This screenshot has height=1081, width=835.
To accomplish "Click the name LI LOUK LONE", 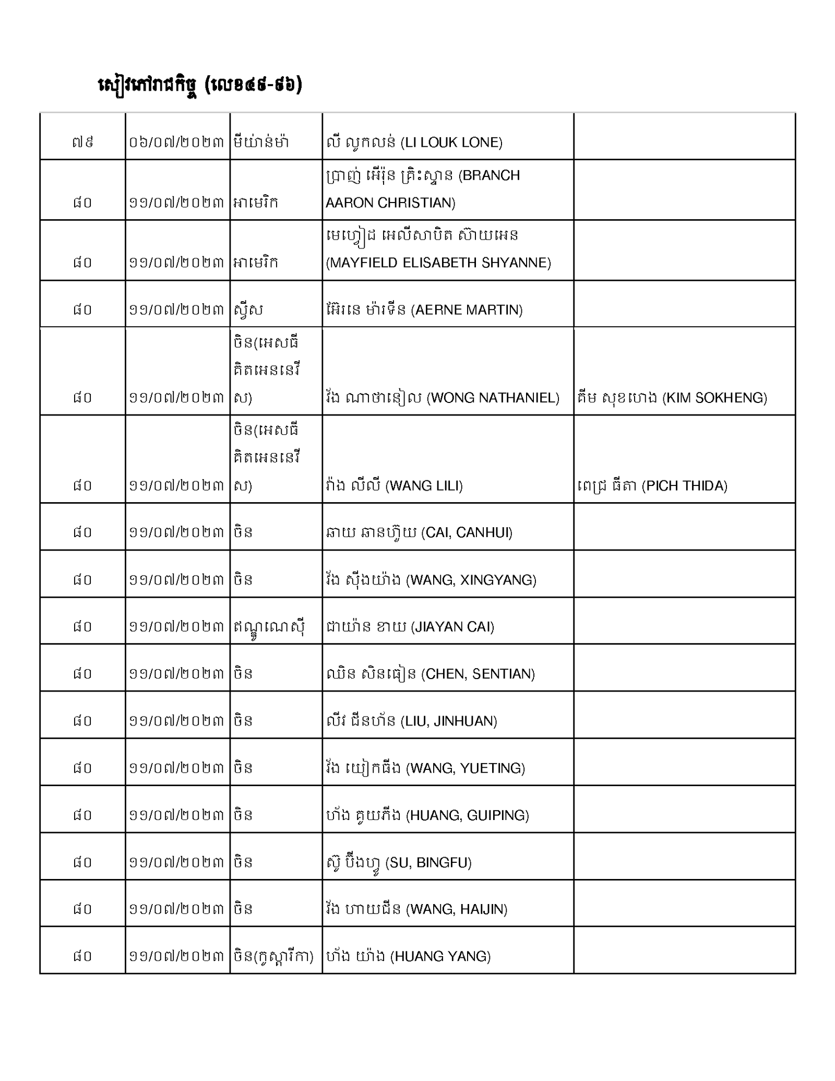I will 414,142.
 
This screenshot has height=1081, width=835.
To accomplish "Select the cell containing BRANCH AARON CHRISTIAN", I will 422,189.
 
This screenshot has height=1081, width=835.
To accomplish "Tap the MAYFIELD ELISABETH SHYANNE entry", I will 438,249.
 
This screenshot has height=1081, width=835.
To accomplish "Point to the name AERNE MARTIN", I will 424,310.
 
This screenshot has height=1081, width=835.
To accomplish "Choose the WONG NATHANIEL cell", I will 442,398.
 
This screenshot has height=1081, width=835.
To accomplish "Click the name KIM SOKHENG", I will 672,398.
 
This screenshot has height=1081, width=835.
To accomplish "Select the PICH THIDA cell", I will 652,486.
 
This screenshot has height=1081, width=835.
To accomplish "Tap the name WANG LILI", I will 394,486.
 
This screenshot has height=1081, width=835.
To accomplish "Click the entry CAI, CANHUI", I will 419,532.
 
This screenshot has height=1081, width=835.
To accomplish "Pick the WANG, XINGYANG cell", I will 431,580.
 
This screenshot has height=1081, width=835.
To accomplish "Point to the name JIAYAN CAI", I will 410,626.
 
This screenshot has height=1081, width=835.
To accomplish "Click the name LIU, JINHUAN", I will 411,721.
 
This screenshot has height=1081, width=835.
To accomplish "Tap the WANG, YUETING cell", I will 425,768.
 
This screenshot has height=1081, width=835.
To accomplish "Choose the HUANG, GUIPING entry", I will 427,815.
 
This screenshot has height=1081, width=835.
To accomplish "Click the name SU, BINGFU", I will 399,863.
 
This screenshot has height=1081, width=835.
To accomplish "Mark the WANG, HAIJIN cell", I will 416,909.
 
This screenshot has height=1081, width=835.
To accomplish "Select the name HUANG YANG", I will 408,956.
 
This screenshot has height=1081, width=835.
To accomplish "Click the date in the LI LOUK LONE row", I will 176,142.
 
